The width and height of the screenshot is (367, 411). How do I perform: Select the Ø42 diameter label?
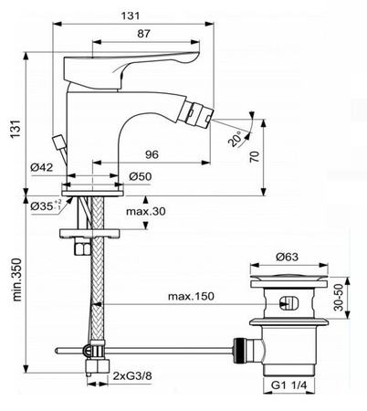tap(41, 166)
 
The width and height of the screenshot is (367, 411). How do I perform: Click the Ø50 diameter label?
tap(141, 175)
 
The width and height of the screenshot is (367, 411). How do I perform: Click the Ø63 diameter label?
tap(287, 258)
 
